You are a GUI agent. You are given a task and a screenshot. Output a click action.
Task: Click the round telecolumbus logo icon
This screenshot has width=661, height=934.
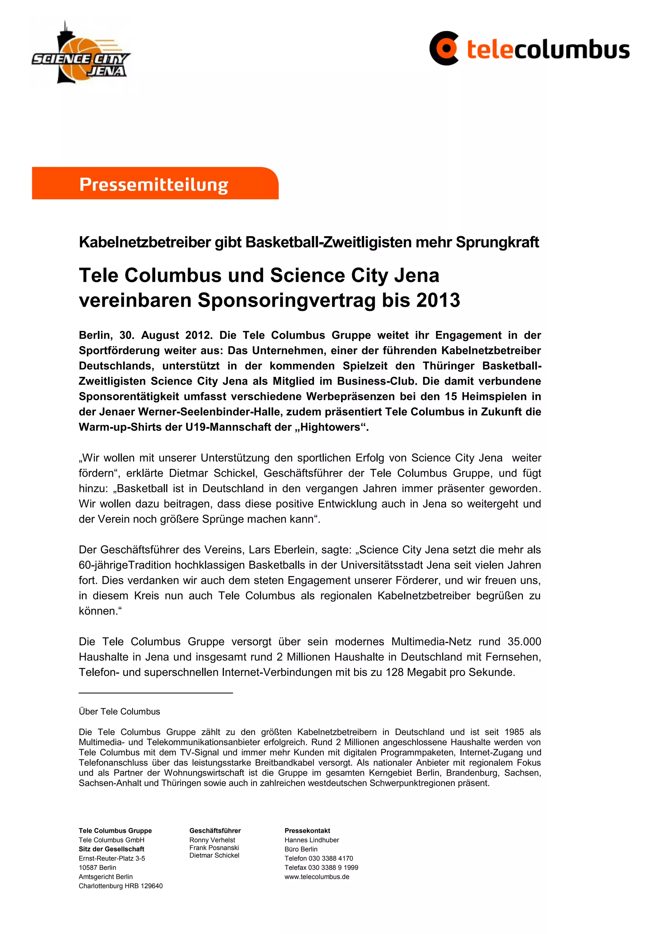point(444,48)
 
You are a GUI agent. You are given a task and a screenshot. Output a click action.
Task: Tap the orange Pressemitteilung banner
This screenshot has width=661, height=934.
point(155,184)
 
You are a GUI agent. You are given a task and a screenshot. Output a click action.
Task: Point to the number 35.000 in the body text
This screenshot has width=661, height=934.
point(524,641)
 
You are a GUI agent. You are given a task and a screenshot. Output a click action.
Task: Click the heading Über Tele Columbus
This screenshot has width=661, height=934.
point(119,711)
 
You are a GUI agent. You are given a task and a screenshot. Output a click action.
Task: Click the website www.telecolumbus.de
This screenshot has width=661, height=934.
point(317,877)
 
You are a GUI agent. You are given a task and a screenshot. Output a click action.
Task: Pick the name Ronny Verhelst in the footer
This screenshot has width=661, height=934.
point(212,840)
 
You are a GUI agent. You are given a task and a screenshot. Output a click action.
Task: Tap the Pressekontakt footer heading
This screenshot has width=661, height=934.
point(307,831)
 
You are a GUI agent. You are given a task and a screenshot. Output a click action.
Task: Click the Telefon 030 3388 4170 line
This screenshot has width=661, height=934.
point(319,858)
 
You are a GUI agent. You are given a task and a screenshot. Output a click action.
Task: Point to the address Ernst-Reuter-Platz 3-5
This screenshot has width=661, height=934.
point(112,858)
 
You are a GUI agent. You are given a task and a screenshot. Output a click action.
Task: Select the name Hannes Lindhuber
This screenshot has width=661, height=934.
point(311,840)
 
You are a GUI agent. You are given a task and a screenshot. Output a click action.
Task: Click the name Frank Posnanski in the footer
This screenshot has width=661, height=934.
point(214,848)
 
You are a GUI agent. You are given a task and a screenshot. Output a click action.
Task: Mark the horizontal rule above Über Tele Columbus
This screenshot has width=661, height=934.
point(156,693)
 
